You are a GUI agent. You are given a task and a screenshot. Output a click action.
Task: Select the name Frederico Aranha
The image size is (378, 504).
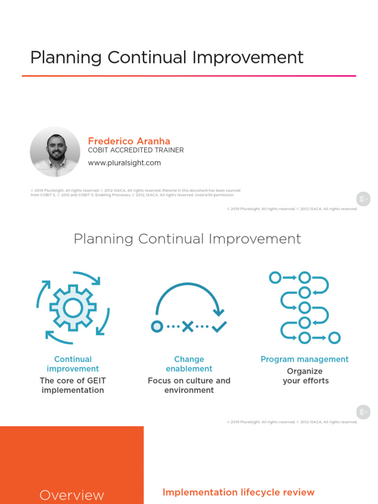click(x=129, y=141)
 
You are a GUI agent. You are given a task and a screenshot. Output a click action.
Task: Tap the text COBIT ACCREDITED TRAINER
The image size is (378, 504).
click(x=136, y=150)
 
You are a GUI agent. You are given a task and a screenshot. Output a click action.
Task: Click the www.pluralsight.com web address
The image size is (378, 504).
click(x=125, y=163)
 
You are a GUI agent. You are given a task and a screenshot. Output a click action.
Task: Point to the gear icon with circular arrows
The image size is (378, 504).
click(x=73, y=307)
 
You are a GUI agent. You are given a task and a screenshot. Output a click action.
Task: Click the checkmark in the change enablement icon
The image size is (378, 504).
click(x=219, y=326)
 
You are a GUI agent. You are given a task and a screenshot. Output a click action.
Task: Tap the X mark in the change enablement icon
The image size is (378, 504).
click(x=188, y=326)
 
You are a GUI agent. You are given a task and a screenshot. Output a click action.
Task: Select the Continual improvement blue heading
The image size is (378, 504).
click(x=73, y=364)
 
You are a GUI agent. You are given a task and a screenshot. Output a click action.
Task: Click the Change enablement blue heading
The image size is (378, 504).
click(x=189, y=364)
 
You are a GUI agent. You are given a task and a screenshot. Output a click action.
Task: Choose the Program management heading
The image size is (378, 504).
click(x=304, y=359)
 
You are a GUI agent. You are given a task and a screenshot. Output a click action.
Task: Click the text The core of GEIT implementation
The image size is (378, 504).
click(x=73, y=385)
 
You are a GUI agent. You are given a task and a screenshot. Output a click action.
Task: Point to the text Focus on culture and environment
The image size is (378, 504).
click(x=189, y=385)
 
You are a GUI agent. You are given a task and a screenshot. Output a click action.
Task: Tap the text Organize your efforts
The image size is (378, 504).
click(x=305, y=376)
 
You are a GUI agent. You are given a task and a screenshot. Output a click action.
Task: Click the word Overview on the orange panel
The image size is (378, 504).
click(x=72, y=495)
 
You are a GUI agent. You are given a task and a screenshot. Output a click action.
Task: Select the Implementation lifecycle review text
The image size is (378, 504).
click(x=238, y=492)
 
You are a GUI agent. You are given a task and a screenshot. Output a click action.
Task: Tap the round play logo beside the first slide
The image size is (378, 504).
click(x=363, y=199)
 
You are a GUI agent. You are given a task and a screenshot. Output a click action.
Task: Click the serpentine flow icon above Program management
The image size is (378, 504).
click(x=305, y=307)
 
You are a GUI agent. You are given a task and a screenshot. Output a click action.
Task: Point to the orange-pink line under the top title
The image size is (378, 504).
click(x=189, y=76)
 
